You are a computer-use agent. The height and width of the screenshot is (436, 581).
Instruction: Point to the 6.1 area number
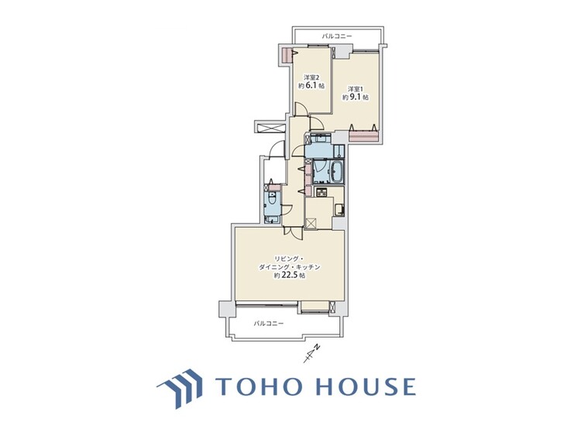click(311, 85)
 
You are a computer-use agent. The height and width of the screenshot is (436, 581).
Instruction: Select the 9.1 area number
click(355, 98)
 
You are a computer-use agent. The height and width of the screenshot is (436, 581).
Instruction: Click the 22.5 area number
click(290, 275)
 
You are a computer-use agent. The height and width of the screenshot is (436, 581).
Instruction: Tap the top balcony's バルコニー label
click(336, 36)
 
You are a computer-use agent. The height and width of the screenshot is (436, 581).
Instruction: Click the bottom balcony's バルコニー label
click(269, 324)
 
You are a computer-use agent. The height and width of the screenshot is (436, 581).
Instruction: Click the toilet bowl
click(272, 200)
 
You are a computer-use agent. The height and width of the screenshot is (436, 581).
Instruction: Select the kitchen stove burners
click(321, 192)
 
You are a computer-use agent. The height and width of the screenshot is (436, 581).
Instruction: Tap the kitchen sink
click(339, 210)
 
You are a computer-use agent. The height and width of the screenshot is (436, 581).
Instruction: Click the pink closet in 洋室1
click(363, 136)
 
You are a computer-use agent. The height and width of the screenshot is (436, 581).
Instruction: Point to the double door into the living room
click(293, 232)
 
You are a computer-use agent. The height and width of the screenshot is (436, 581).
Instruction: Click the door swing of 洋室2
click(301, 109)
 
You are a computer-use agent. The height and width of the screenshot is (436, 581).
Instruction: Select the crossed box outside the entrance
click(273, 127)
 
